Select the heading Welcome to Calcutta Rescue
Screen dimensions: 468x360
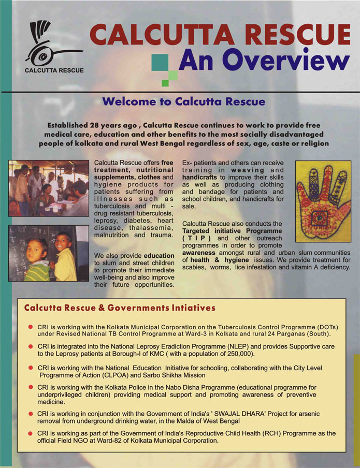click(183, 101)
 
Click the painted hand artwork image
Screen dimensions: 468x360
click(323, 201)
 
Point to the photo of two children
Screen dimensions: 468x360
click(49, 253)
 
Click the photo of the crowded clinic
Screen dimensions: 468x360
click(49, 188)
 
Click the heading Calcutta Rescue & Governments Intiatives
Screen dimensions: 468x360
click(120, 308)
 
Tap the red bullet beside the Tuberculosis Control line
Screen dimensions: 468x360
click(31, 327)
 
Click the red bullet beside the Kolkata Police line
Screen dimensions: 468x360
click(31, 387)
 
